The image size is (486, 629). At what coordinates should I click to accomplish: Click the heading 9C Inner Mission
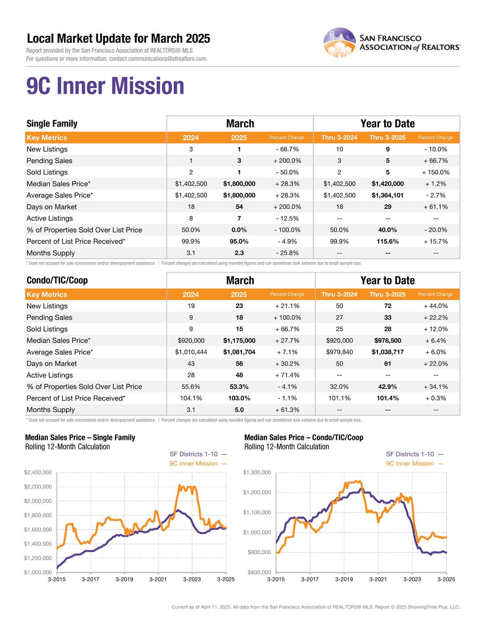tap(105, 86)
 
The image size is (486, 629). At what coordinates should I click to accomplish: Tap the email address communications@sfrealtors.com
tap(168, 59)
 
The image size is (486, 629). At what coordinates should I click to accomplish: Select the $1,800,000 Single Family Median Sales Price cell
tap(239, 184)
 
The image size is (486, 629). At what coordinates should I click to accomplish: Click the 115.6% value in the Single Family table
tap(387, 242)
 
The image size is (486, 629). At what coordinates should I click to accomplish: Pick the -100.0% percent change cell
tap(287, 230)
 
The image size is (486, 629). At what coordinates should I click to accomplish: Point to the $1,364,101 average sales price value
tap(387, 195)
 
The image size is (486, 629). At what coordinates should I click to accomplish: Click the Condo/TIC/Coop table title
tap(57, 281)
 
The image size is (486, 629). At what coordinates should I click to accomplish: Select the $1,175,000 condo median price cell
tap(239, 341)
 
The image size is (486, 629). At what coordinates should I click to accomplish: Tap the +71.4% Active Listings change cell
tap(287, 375)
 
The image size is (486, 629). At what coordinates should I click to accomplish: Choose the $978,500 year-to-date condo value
tap(387, 341)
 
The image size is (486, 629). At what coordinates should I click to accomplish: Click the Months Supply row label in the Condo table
tap(50, 410)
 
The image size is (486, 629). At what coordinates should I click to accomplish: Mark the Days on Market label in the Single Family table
tap(52, 207)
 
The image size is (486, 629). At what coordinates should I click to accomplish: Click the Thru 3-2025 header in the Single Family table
tap(387, 138)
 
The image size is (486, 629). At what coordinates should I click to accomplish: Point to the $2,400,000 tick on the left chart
tap(38, 473)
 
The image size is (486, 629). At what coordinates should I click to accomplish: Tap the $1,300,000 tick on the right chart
tap(257, 473)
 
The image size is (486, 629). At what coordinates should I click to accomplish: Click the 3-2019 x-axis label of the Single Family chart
tap(124, 579)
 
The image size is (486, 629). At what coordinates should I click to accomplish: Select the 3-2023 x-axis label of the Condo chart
tap(412, 579)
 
